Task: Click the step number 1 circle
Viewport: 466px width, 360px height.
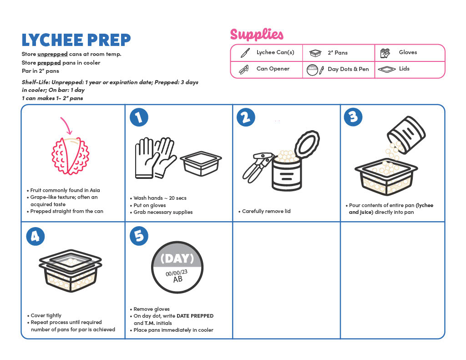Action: [139, 117]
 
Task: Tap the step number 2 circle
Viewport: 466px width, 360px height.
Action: [246, 117]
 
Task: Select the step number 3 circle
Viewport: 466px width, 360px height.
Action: [353, 117]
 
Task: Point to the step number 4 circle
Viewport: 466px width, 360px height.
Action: [35, 236]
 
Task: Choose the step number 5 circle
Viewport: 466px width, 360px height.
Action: [139, 236]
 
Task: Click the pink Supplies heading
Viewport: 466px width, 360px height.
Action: [257, 35]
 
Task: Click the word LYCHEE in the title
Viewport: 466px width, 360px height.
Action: [52, 40]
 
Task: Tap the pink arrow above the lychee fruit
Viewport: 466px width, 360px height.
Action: [66, 125]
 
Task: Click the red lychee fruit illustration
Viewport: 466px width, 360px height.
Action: [71, 156]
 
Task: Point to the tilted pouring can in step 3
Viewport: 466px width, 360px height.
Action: [406, 135]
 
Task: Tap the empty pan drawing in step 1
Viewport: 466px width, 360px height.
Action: [201, 163]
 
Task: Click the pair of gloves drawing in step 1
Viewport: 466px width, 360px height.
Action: [156, 158]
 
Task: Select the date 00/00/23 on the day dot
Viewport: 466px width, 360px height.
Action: [177, 273]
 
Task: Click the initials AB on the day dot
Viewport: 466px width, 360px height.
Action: [178, 279]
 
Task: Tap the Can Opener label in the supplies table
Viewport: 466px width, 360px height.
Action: [273, 69]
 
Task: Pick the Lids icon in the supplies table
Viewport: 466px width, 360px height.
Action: [387, 69]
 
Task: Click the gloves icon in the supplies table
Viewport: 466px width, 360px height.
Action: [385, 53]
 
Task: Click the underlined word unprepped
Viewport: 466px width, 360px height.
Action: [53, 55]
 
